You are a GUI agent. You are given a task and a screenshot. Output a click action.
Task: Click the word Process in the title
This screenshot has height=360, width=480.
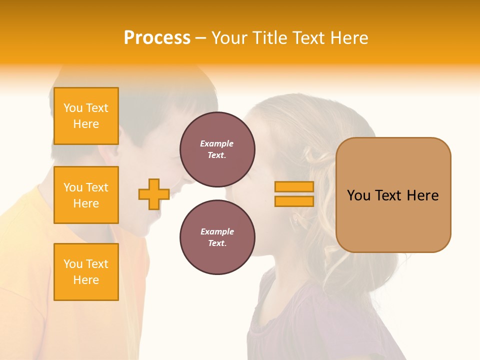[157, 38]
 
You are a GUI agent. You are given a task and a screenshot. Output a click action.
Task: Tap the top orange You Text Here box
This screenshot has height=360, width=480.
[86, 116]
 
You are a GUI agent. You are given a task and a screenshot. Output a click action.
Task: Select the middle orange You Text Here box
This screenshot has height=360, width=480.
[86, 195]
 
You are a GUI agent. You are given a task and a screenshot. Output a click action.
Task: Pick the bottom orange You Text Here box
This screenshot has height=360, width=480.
[86, 272]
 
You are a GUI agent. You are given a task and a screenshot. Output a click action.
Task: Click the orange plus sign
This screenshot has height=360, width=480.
[154, 194]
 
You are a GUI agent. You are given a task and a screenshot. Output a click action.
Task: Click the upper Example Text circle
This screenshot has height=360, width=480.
[217, 149]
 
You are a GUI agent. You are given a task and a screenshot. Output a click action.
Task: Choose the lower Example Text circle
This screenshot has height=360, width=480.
[217, 237]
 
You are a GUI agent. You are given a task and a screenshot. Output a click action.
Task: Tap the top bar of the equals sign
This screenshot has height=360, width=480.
[294, 186]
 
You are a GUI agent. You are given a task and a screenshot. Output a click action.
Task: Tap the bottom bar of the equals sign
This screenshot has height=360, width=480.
[294, 201]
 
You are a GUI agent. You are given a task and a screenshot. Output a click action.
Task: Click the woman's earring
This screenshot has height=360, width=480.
[294, 219]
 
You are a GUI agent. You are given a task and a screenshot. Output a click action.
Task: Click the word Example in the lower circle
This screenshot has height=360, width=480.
[217, 231]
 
